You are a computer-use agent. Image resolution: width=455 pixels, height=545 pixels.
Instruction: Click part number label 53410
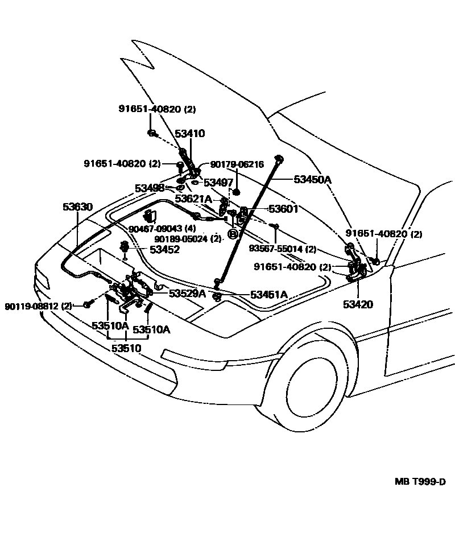pos(189,134)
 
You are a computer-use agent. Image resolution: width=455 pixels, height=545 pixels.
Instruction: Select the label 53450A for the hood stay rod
pos(312,179)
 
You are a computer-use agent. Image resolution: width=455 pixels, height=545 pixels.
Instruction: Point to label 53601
pos(283,209)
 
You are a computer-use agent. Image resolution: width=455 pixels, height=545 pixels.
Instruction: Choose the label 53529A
pos(187,293)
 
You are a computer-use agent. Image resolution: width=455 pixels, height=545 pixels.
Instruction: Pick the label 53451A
pos(269,294)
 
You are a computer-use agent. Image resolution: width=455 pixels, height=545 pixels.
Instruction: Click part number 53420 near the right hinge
pos(358,304)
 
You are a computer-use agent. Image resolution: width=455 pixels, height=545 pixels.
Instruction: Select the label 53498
pos(150,188)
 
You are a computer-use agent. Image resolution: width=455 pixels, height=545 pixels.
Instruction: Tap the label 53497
pos(219,182)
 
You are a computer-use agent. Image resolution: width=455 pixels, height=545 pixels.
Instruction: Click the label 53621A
pos(193,199)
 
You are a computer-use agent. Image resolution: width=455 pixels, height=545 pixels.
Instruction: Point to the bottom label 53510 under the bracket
pos(126,348)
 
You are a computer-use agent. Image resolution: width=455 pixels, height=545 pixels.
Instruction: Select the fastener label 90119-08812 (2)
pos(39,305)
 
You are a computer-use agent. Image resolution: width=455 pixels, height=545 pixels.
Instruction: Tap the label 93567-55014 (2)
pos(282,249)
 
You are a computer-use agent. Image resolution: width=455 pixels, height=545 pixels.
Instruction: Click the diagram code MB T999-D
pos(420,481)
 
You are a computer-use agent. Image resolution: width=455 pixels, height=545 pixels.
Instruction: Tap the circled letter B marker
pos(233,233)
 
